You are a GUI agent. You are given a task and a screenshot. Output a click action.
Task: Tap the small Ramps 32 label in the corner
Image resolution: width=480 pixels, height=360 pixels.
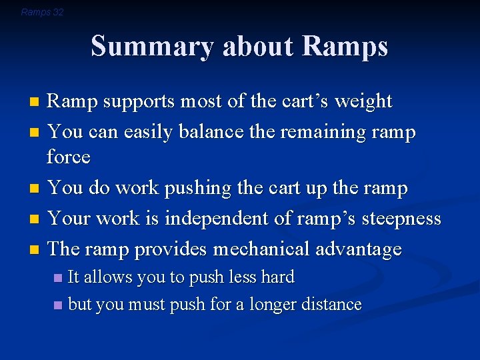coord(42,12)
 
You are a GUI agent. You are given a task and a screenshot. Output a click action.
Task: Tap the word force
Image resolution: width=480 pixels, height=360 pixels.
coord(68,157)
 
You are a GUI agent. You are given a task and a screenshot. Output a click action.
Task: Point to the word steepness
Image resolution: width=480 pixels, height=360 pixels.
coord(397,219)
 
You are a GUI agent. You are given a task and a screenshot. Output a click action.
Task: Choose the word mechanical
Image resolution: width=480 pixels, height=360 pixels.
coord(280,249)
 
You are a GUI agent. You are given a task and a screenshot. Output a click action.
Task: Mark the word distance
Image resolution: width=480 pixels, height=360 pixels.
coord(335,305)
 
